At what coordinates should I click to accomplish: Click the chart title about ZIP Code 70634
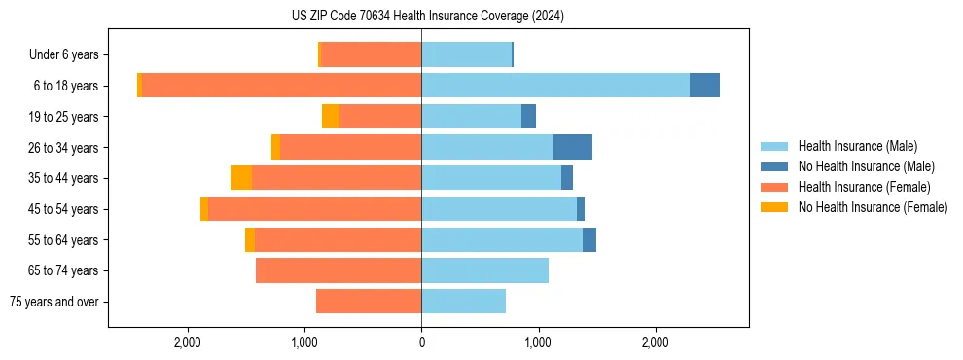pos(427,17)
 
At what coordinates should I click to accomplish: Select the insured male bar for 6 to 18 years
pos(554,86)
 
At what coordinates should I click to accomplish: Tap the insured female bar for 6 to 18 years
pos(281,86)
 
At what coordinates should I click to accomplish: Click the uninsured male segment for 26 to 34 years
pos(572,147)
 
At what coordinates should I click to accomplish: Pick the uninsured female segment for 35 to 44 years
pos(241,178)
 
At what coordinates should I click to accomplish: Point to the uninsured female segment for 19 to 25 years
pos(331,117)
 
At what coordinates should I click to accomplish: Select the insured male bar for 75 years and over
pos(463,302)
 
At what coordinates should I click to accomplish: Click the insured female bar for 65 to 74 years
pos(338,270)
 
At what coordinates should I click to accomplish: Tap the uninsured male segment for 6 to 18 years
pos(704,86)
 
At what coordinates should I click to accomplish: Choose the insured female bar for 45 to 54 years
pos(314,209)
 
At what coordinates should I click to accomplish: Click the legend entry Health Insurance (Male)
pos(857,146)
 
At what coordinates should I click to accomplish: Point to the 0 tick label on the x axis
pos(421,342)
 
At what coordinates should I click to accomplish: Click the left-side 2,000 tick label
pos(187,342)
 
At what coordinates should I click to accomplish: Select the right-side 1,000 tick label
pos(538,342)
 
